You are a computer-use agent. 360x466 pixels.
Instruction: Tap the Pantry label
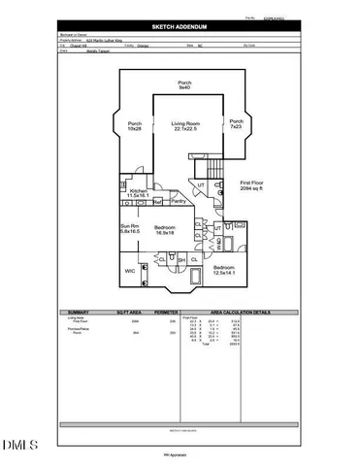click(x=179, y=201)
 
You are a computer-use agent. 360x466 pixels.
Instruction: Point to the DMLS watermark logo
click(x=20, y=447)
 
